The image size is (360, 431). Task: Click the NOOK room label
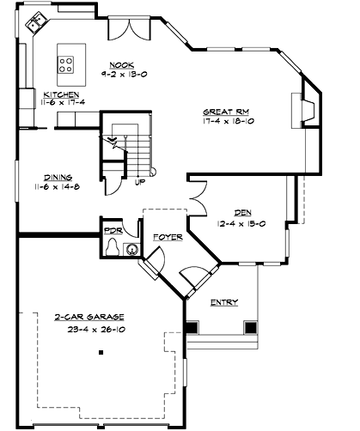tap(120, 64)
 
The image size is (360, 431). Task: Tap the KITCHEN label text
tap(62, 94)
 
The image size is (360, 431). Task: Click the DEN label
tap(243, 213)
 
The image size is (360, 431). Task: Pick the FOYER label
tap(168, 236)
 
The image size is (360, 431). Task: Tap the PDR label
tap(112, 231)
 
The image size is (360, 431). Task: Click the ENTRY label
tap(224, 301)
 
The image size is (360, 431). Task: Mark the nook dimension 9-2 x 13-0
tap(120, 74)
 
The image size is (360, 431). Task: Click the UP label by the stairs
tap(140, 182)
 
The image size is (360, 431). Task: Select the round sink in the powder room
tap(131, 250)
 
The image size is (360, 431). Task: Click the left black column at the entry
tap(191, 327)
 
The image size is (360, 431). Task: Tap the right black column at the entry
tap(250, 327)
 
